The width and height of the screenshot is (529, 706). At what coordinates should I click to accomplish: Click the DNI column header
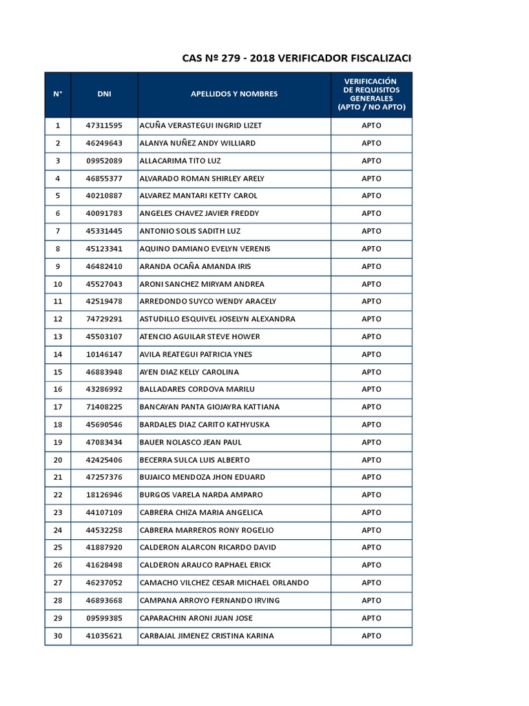point(104,94)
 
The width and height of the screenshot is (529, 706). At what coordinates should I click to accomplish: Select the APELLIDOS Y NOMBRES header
point(234,94)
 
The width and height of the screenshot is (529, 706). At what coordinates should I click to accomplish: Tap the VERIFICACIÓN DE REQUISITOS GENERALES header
point(371,94)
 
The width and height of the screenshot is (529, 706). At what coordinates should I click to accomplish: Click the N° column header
point(58,94)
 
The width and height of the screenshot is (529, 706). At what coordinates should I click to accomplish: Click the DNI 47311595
point(104,125)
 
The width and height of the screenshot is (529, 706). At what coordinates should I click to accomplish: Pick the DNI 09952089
point(104,161)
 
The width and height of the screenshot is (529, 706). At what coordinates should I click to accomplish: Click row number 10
point(58,284)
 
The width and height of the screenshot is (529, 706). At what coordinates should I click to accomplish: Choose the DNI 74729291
point(104,319)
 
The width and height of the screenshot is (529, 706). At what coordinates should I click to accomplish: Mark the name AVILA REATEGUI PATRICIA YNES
point(196,354)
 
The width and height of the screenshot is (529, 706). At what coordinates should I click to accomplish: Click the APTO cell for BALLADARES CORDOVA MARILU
point(371,390)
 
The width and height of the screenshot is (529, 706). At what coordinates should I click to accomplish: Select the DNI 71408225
point(104,407)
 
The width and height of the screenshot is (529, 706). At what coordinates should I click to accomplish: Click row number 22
point(58,495)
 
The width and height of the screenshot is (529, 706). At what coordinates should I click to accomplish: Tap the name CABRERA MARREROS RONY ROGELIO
point(207,530)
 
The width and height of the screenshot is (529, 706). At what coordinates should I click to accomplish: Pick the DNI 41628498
point(104,565)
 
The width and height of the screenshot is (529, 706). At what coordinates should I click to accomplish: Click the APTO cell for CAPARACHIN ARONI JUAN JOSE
point(371,618)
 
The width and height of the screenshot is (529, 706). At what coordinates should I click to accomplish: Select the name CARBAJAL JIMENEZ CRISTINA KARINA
point(207,636)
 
